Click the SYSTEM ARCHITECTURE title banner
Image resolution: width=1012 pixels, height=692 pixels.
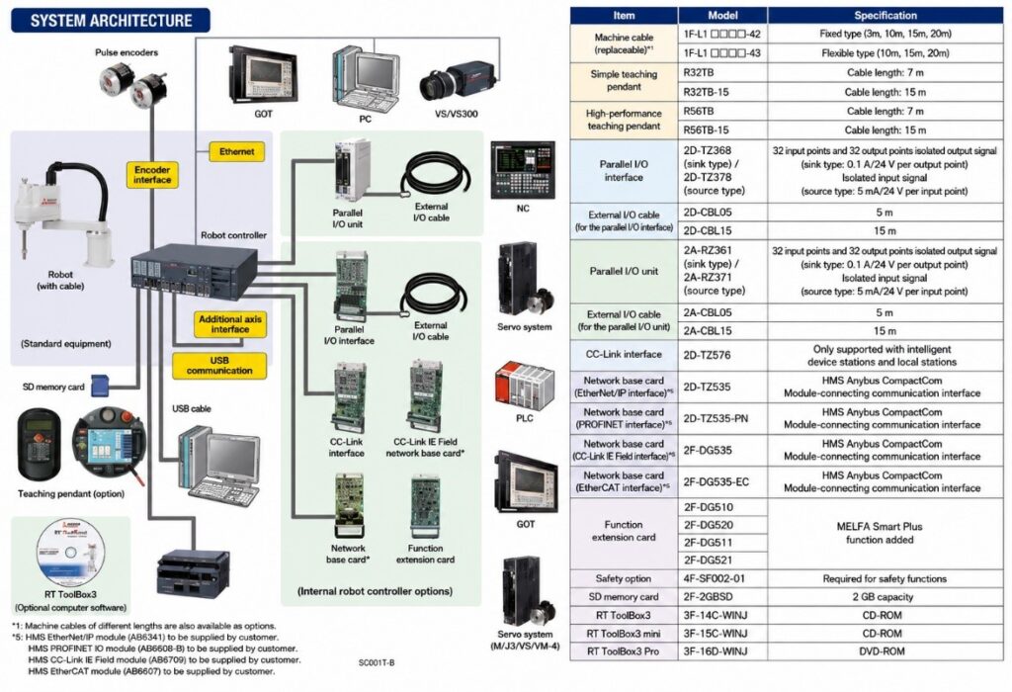111,21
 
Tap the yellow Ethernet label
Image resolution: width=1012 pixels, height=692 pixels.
237,151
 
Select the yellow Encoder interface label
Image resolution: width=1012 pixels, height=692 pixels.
152,174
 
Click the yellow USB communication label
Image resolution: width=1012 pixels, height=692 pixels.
219,366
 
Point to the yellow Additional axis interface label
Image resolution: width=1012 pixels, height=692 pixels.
229,324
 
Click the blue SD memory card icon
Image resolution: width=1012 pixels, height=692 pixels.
100,386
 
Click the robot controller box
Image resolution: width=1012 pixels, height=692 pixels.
194,271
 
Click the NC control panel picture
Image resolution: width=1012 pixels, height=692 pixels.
523,170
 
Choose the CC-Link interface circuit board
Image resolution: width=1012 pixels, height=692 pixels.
349,398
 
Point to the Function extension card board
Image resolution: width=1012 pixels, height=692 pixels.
425,509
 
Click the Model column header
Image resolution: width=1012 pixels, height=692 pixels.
722,16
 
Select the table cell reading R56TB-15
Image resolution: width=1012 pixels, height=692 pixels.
722,130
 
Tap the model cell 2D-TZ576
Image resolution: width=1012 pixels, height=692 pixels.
722,355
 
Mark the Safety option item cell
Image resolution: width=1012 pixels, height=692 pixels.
624,579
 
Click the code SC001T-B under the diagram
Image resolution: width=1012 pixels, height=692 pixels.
377,662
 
